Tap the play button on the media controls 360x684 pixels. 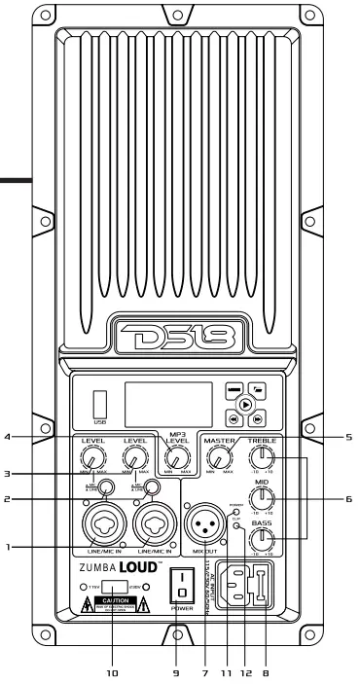(x=246, y=404)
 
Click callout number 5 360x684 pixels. (x=347, y=437)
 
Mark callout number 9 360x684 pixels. (x=177, y=669)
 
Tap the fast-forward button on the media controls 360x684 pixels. (x=257, y=418)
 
